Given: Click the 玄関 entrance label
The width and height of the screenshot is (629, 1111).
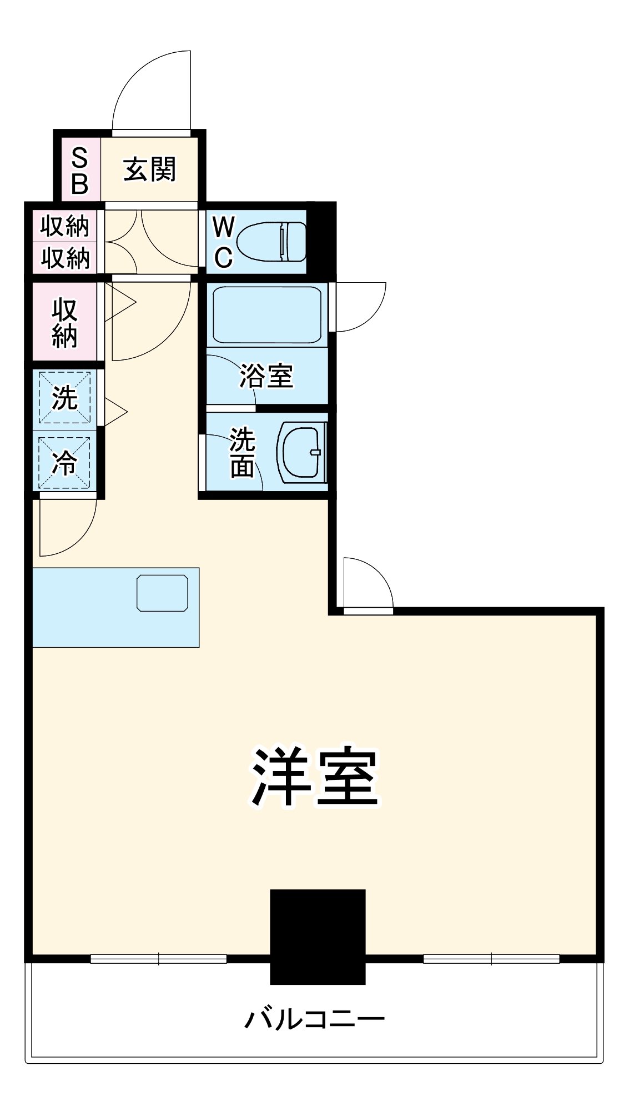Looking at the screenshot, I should [149, 169].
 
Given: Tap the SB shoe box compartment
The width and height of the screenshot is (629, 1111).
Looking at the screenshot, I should [80, 170].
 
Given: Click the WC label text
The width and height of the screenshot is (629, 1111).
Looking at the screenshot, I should [223, 242].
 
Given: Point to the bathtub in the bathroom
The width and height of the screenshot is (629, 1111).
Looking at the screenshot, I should [266, 314].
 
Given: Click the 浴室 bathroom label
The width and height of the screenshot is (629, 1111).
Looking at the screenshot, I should [266, 376].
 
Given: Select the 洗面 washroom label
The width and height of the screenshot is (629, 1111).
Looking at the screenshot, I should [242, 452].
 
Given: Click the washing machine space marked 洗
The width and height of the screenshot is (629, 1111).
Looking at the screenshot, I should [64, 398].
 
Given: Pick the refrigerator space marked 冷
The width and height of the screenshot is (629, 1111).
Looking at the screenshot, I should [64, 463].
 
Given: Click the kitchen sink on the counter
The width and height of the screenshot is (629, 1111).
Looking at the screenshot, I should [162, 593].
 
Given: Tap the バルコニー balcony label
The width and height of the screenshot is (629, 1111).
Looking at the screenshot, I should [314, 1020].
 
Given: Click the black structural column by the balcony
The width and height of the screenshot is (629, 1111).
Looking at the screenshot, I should [318, 937].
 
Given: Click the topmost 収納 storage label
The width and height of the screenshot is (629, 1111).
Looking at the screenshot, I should [64, 226].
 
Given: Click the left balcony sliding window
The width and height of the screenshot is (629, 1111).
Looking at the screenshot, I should [158, 959].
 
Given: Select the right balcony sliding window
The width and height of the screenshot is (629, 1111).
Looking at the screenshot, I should [491, 959].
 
